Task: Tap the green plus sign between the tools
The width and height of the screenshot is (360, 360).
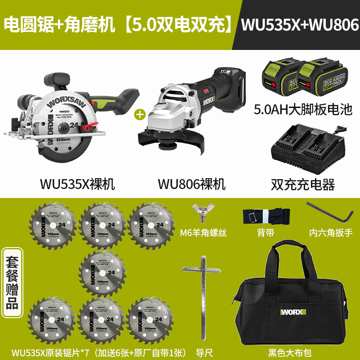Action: click(140, 114)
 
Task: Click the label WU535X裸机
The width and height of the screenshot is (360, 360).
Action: click(77, 184)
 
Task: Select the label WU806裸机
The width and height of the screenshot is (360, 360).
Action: click(191, 184)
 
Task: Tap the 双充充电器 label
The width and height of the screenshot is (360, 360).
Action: click(302, 184)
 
